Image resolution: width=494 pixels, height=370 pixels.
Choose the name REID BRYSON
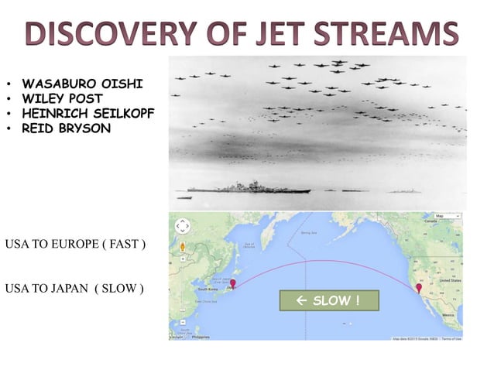click(x=67, y=128)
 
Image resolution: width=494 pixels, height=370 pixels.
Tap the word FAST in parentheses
click(x=124, y=245)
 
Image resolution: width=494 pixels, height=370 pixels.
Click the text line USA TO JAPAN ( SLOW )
click(x=74, y=289)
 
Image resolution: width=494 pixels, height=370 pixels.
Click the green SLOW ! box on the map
click(x=329, y=300)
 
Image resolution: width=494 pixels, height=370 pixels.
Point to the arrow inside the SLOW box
click(x=303, y=300)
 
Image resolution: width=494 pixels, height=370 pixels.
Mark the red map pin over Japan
click(x=233, y=283)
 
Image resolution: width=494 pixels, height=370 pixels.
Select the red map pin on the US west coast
click(x=419, y=289)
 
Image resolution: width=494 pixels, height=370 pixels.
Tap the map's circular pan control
click(x=183, y=226)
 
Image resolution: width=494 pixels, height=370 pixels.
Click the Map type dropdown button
click(x=440, y=216)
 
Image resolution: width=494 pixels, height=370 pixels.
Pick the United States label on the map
click(x=451, y=283)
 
